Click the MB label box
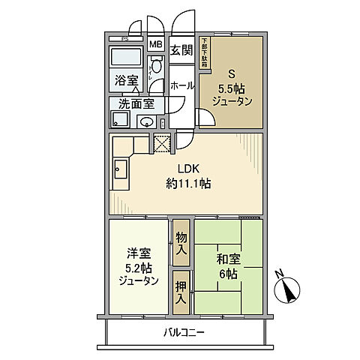(x=155, y=44)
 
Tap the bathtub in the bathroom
(x=127, y=58)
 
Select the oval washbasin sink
(x=148, y=123)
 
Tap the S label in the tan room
(x=232, y=74)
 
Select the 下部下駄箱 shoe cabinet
(x=203, y=52)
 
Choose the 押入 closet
(x=181, y=292)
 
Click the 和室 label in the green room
(x=228, y=260)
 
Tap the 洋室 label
(x=138, y=253)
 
